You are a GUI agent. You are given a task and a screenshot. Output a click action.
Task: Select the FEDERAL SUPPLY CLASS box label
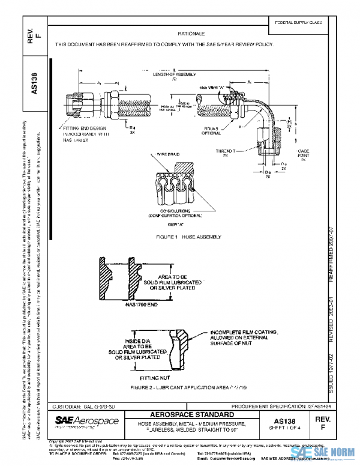(298, 22)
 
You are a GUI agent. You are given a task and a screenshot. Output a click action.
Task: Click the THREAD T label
(225, 152)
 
